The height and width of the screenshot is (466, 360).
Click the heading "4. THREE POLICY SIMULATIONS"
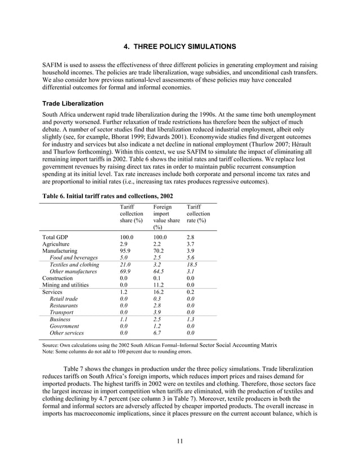coord(179,45)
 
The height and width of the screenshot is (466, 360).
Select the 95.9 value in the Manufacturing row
coord(125,250)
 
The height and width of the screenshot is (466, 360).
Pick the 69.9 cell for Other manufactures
coord(125,271)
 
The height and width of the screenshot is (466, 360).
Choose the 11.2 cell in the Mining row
coord(159,285)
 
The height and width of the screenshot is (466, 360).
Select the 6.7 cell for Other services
coord(157,333)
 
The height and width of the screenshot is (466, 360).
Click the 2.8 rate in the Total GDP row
coord(191,238)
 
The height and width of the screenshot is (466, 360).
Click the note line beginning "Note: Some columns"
coord(124,351)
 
